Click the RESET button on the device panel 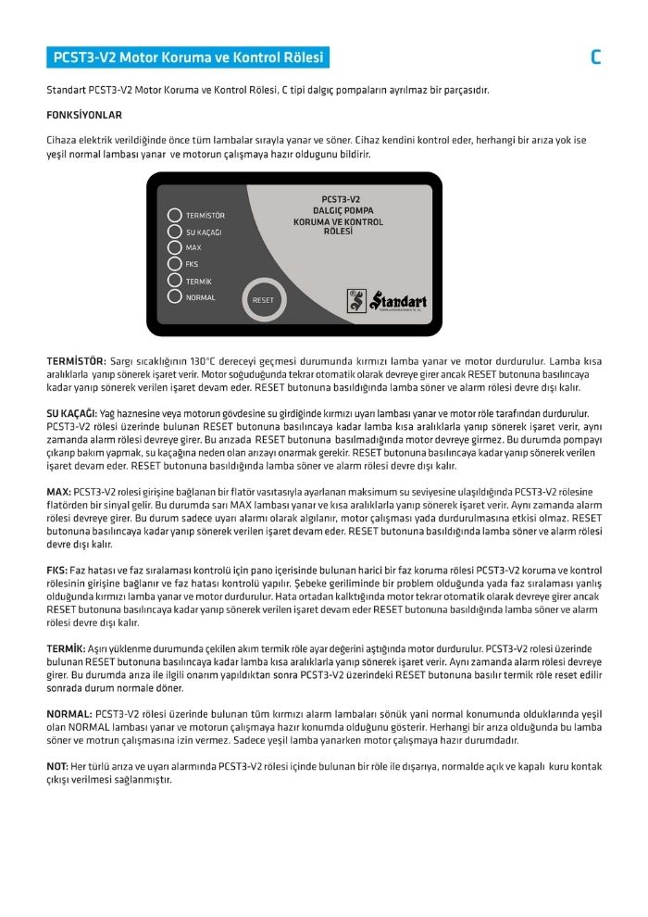coord(263,300)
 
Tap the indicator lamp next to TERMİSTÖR coord(174,215)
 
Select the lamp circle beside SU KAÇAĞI coord(174,232)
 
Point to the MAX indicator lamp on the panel coord(174,247)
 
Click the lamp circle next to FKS coord(174,264)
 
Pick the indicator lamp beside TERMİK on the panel coord(174,280)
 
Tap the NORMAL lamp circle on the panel coord(174,296)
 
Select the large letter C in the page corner coord(595,57)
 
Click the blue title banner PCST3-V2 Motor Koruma coord(188,57)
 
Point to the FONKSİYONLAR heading coord(84,116)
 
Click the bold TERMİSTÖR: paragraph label coord(76,359)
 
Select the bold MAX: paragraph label coord(58,490)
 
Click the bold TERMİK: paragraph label coord(66,649)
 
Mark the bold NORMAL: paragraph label coord(69,714)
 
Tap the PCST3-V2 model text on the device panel coord(341,199)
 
